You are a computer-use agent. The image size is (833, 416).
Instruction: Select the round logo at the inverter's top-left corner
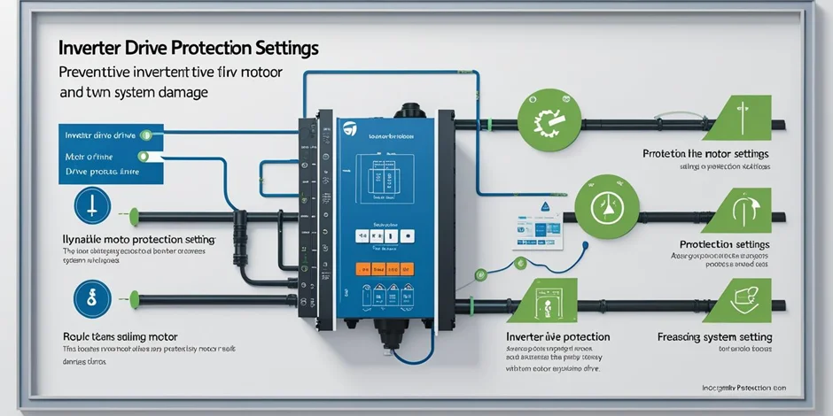click(x=352, y=130)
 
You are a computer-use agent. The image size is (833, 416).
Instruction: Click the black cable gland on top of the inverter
click(x=409, y=112)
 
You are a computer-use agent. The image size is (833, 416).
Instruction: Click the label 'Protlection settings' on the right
click(x=724, y=244)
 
